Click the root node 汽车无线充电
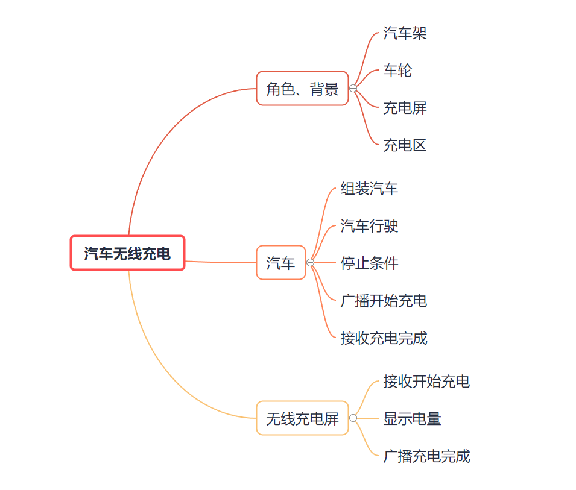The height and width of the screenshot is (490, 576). tap(127, 253)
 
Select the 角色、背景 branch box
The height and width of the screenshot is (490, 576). tap(302, 89)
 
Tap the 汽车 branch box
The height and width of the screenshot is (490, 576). tap(281, 263)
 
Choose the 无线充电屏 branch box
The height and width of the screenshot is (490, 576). tap(302, 418)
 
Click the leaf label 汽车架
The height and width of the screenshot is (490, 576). tap(405, 33)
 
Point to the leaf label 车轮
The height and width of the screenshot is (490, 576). tap(397, 71)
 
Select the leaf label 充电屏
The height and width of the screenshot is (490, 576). tap(405, 108)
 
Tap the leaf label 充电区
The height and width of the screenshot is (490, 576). tap(405, 145)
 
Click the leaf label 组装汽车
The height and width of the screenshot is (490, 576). tap(369, 189)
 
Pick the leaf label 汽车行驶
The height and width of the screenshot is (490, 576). tap(369, 226)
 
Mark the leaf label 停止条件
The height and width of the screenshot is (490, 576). tap(369, 263)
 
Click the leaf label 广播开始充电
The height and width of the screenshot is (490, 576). tap(384, 301)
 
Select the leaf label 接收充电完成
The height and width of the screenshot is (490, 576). tap(384, 338)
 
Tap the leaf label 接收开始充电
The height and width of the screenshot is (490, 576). tap(426, 382)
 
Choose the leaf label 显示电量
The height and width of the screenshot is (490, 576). tap(412, 419)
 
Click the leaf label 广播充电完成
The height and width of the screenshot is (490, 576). tap(426, 456)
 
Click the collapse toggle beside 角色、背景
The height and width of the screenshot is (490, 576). tap(353, 89)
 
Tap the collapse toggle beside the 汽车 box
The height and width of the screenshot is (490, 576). tap(311, 263)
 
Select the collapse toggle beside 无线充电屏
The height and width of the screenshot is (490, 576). tap(353, 418)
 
